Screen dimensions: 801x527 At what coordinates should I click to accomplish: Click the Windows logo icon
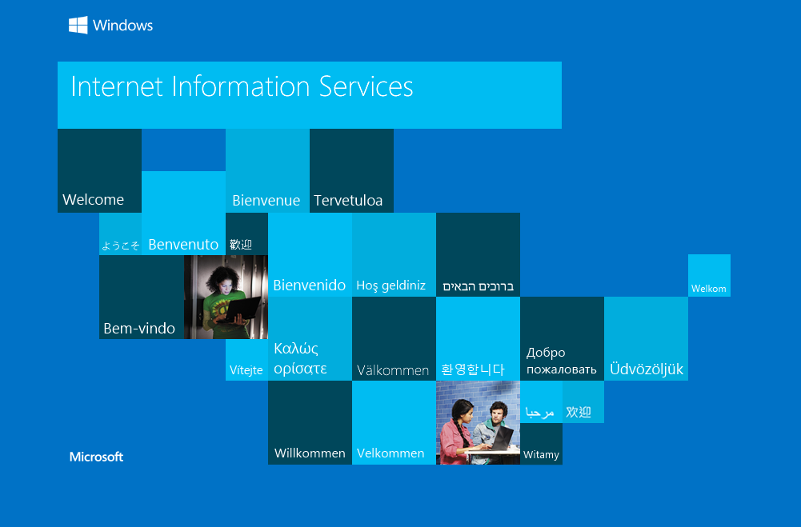(78, 25)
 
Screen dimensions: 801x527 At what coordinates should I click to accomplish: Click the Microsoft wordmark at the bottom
(97, 457)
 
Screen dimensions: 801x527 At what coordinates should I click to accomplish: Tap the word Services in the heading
(366, 86)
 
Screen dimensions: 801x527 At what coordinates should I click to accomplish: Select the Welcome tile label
(94, 200)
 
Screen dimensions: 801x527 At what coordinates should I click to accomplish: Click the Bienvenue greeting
(266, 200)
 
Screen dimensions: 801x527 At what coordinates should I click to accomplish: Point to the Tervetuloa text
(348, 200)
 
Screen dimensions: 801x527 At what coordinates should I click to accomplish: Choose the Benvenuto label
(183, 245)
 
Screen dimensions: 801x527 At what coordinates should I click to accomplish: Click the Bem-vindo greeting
(139, 329)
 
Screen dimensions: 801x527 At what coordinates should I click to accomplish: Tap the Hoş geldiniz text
(390, 285)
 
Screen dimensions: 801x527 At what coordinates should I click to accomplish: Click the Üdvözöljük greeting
(647, 369)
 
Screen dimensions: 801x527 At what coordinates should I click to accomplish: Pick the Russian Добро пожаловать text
(562, 361)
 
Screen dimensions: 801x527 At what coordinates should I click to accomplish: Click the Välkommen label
(393, 370)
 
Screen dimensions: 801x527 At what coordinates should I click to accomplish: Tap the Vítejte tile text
(246, 369)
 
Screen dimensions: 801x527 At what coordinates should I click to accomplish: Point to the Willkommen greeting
(310, 453)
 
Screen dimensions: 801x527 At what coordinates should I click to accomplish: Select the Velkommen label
(390, 453)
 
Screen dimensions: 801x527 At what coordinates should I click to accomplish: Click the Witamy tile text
(542, 454)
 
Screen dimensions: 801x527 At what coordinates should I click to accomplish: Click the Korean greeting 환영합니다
(473, 369)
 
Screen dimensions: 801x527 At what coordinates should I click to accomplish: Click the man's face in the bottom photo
(497, 413)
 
